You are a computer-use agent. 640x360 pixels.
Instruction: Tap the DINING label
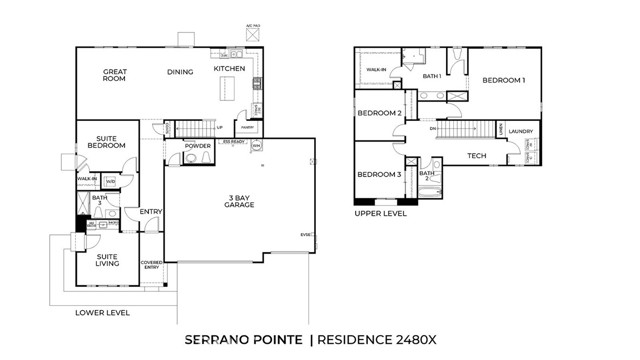pyautogui.click(x=180, y=72)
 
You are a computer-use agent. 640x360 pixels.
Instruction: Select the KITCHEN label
pyautogui.click(x=229, y=68)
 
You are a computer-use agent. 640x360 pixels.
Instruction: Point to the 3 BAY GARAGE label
pyautogui.click(x=238, y=201)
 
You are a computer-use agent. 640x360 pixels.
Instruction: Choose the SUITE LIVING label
pyautogui.click(x=107, y=259)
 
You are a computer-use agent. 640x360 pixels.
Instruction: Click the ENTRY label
pyautogui.click(x=151, y=211)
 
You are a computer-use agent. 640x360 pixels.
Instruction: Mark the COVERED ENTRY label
pyautogui.click(x=151, y=264)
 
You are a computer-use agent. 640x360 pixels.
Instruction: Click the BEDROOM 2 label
pyautogui.click(x=379, y=113)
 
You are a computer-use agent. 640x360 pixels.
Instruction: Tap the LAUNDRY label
pyautogui.click(x=520, y=131)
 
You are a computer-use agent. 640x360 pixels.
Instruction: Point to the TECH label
pyautogui.click(x=476, y=156)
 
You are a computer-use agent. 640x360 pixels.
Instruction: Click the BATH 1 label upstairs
pyautogui.click(x=432, y=76)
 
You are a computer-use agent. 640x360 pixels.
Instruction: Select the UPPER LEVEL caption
pyautogui.click(x=381, y=213)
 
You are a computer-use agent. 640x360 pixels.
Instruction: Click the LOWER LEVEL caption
pyautogui.click(x=102, y=313)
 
